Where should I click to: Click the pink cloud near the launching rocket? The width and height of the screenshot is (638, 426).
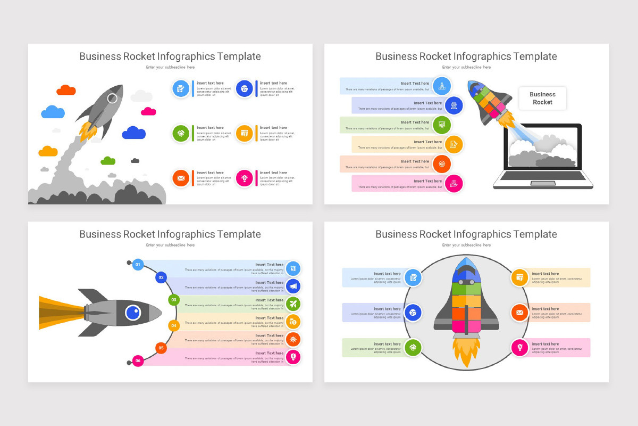tap(148, 111)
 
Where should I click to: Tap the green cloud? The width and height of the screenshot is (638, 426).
tap(108, 161)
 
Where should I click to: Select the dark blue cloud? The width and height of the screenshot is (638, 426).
tap(133, 133)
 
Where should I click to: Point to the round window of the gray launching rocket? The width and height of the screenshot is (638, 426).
tap(113, 98)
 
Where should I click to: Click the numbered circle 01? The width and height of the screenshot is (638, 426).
tap(138, 264)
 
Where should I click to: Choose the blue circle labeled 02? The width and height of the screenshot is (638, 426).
tap(161, 277)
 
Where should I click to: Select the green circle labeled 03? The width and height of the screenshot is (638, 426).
tap(173, 300)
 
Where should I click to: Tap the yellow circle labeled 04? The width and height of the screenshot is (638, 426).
tap(173, 325)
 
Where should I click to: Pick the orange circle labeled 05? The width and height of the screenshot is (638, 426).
tap(161, 348)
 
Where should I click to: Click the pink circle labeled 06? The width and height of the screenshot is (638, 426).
tap(138, 361)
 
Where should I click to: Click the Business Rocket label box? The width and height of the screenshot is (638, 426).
tap(542, 99)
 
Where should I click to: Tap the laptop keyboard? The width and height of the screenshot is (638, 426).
tap(543, 176)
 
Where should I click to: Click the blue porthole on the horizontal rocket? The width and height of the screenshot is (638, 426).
tap(133, 313)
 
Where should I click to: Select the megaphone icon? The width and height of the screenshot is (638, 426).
tap(293, 286)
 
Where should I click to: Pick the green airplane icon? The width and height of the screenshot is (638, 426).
tap(293, 304)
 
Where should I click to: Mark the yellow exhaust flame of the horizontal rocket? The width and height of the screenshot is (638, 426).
tap(58, 313)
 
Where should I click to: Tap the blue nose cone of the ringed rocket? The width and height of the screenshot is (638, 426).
tap(466, 269)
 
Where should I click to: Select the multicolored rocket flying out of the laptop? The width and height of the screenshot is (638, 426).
tap(489, 101)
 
